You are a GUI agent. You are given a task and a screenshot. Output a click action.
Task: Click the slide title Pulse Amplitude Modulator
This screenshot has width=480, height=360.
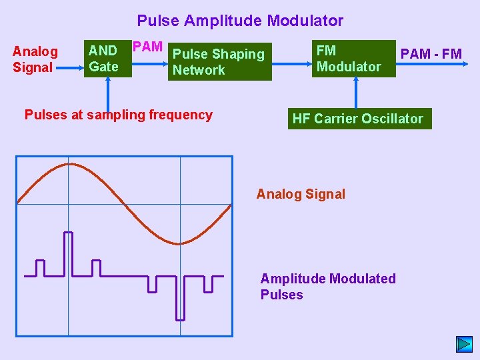coord(240,21)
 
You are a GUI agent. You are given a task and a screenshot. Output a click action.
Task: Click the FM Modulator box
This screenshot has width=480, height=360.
coord(353,59)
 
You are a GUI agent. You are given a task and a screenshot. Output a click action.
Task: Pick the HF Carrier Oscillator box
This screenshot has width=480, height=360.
coord(357,119)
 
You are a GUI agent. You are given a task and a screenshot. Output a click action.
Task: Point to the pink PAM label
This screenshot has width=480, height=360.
coord(147,47)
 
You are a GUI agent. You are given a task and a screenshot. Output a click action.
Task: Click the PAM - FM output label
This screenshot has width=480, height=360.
coord(431,54)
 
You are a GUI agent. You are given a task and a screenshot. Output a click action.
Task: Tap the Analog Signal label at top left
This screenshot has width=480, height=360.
coord(35,59)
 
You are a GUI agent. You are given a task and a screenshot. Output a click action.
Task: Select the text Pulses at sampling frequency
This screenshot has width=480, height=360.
coord(118,115)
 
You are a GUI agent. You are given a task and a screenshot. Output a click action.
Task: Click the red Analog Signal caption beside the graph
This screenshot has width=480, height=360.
coord(301,194)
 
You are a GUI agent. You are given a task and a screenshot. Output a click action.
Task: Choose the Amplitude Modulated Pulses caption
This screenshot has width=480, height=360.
coord(327,287)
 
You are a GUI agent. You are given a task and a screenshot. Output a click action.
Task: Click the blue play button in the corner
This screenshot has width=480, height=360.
coord(464,344)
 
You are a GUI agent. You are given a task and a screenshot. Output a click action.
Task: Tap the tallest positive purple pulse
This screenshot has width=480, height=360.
coord(68,253)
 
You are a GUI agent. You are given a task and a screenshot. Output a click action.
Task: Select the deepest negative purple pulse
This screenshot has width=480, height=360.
coord(180,297)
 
